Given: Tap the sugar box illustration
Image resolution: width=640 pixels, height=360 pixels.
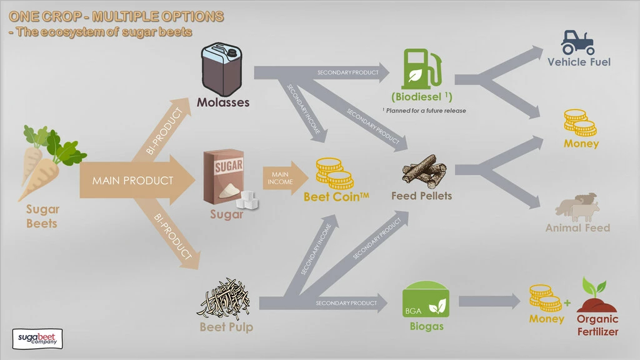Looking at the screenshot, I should click(225, 177).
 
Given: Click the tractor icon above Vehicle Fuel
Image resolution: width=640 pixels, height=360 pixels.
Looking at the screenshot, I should click(577, 42).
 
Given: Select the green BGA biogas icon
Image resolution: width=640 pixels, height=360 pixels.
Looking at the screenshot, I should click(426, 302).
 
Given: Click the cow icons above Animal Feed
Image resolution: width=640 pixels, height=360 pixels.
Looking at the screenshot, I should click(578, 206).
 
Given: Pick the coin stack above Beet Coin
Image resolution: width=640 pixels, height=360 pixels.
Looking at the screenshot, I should click(334, 173).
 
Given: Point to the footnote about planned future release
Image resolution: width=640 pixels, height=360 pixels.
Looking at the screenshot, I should click(424, 111).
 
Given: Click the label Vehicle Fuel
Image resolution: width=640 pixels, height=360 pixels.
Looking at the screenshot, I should click(579, 62).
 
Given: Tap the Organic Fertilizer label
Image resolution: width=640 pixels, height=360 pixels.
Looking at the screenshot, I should click(597, 325).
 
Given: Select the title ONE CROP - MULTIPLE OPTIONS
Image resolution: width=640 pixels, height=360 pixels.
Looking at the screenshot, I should click(116, 16).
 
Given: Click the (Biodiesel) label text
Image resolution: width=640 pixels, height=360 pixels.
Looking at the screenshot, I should click(421, 97).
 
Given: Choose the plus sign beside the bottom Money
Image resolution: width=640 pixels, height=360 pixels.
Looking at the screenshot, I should click(567, 303).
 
